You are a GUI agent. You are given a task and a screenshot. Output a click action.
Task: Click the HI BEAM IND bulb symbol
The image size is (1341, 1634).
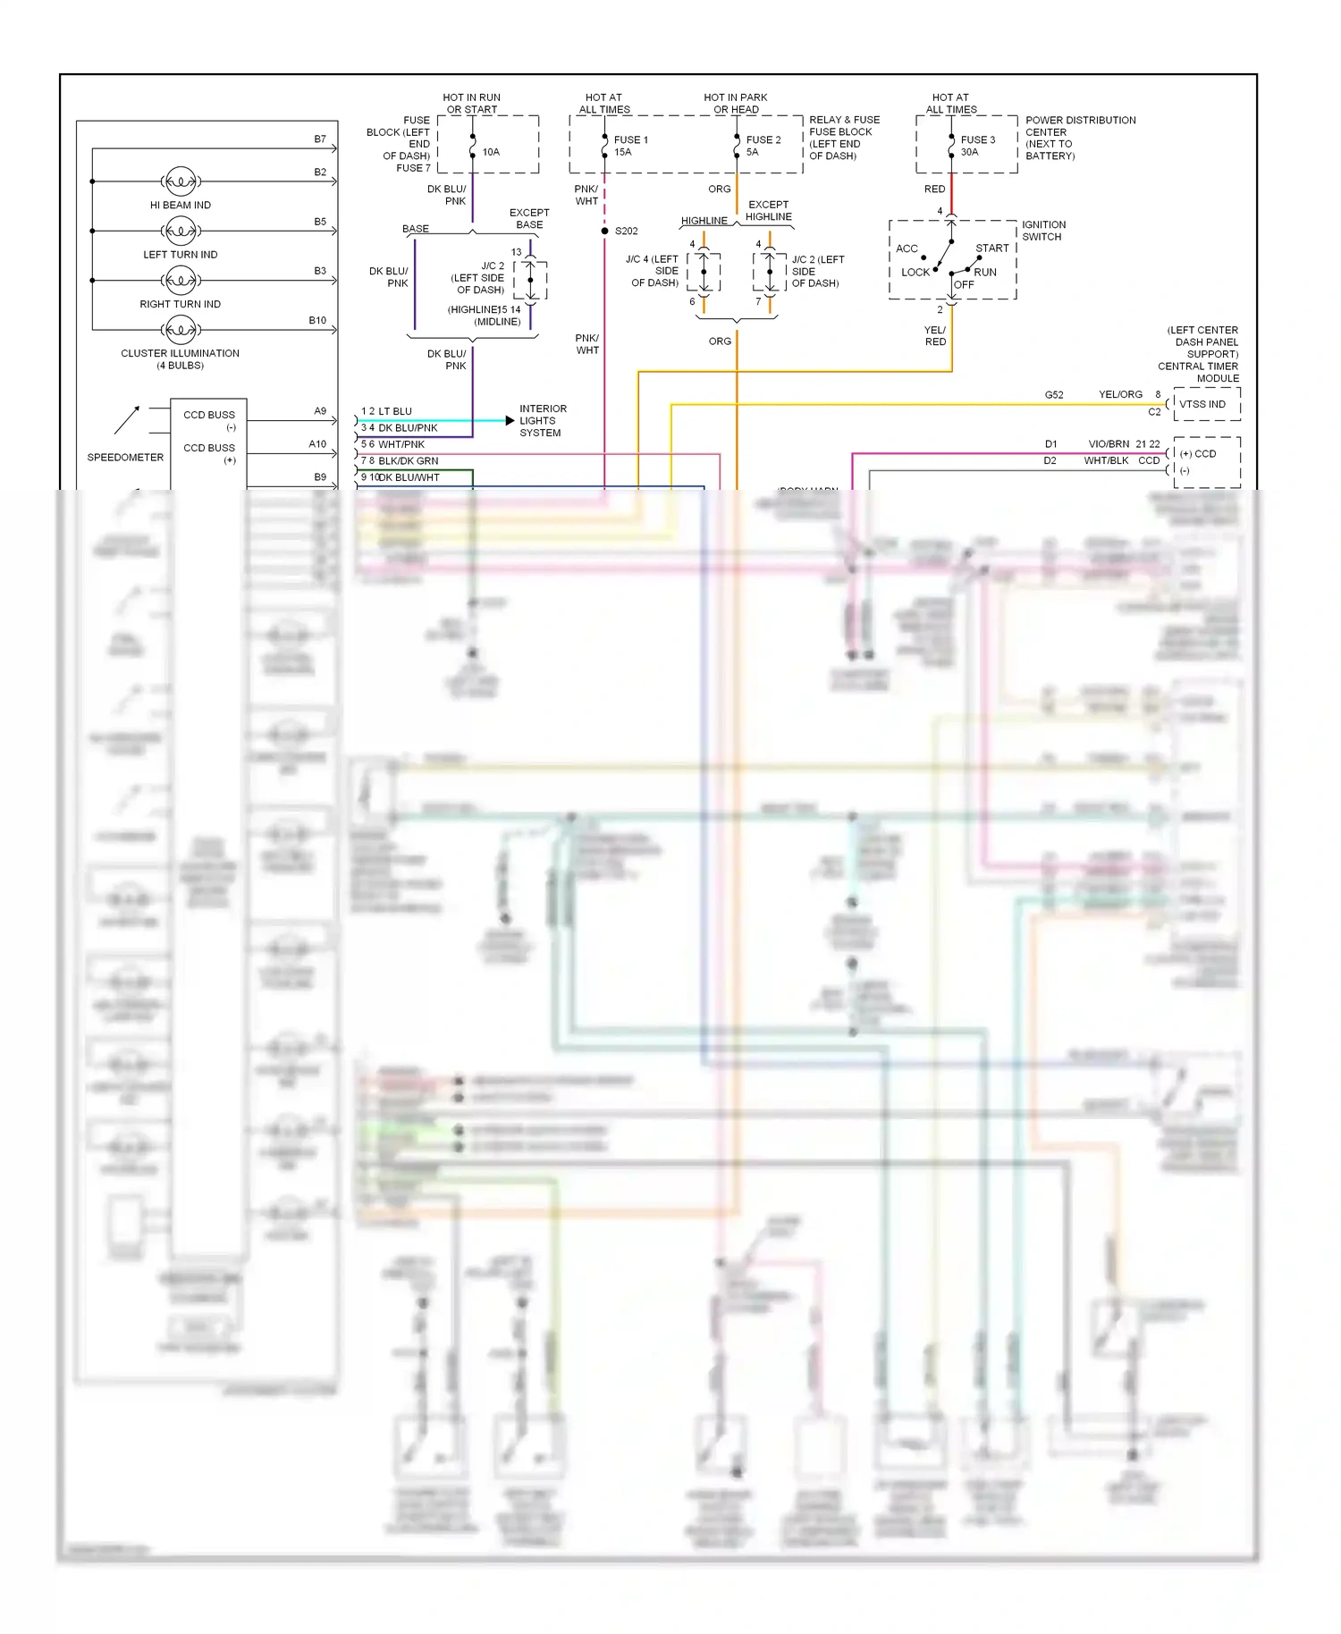click(x=181, y=181)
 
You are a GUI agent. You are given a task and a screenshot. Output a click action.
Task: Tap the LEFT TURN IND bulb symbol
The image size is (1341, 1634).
click(x=181, y=232)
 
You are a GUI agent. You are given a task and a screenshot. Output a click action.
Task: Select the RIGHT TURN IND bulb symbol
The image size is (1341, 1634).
click(x=181, y=281)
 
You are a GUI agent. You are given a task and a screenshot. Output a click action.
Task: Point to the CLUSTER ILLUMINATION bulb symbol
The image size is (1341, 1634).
click(x=181, y=330)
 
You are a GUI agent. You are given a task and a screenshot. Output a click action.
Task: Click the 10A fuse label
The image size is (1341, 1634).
click(x=491, y=152)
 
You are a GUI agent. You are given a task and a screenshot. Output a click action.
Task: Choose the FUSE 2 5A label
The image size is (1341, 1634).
click(x=763, y=146)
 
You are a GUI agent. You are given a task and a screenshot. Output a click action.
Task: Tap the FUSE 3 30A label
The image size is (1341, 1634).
click(x=977, y=146)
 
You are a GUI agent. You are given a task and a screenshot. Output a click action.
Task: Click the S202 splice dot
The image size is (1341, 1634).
click(x=605, y=232)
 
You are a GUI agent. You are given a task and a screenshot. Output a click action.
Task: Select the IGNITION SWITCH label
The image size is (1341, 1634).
click(x=1043, y=231)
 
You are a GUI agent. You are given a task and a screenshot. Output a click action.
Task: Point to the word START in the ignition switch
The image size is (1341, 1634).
click(x=991, y=248)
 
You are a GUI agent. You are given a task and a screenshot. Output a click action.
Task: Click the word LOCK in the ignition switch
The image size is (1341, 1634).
click(x=915, y=273)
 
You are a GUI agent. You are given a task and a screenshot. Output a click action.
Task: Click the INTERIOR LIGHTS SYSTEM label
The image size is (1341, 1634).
click(x=543, y=421)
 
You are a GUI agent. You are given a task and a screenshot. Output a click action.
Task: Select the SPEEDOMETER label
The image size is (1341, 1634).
click(x=125, y=458)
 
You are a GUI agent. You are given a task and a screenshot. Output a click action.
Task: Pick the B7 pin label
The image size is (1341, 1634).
click(x=320, y=139)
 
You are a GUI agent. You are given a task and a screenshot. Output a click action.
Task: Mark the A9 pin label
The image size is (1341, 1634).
click(x=320, y=411)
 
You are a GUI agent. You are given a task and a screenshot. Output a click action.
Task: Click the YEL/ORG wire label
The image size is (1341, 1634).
click(x=1120, y=394)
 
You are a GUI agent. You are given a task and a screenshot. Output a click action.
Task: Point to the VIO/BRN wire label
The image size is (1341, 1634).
click(x=1109, y=444)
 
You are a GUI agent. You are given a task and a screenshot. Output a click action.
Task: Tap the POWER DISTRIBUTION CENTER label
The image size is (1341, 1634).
click(x=1080, y=138)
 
